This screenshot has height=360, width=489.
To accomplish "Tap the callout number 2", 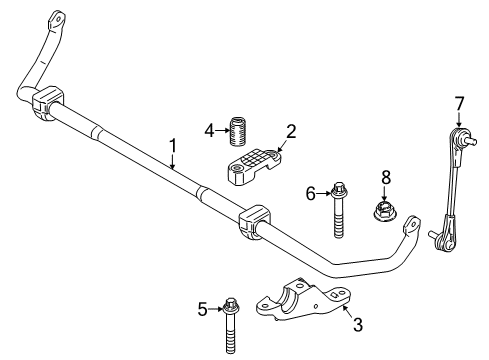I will (292, 130).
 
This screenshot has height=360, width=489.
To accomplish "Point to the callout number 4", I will (208, 129).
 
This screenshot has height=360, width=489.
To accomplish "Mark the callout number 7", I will (459, 102).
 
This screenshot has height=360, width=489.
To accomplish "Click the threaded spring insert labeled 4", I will (239, 131).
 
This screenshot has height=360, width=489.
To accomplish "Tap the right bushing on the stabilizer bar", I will (254, 223).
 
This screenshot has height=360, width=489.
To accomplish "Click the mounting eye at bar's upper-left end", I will (57, 17).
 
